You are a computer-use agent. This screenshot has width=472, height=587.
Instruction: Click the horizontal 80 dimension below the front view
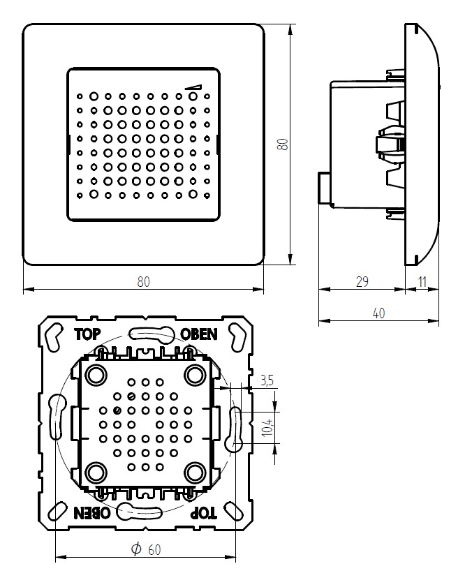pyautogui.click(x=143, y=281)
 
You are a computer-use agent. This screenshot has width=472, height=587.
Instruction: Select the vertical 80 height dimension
pyautogui.click(x=282, y=144)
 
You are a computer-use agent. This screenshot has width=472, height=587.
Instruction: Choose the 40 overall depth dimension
pyautogui.click(x=378, y=313)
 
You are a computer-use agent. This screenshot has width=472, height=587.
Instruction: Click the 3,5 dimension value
pyautogui.click(x=266, y=381)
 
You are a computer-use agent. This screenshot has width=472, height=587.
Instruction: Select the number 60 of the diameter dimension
pyautogui.click(x=154, y=550)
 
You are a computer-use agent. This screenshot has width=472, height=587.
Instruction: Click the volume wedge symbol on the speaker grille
pyautogui.click(x=193, y=87)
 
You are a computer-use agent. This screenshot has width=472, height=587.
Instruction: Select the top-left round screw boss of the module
pyautogui.click(x=96, y=375)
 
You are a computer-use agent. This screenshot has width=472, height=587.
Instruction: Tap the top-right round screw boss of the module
pyautogui.click(x=193, y=375)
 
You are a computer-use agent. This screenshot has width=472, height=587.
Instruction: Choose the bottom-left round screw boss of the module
pyautogui.click(x=96, y=473)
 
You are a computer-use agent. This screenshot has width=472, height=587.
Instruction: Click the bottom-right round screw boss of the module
pyautogui.click(x=193, y=473)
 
